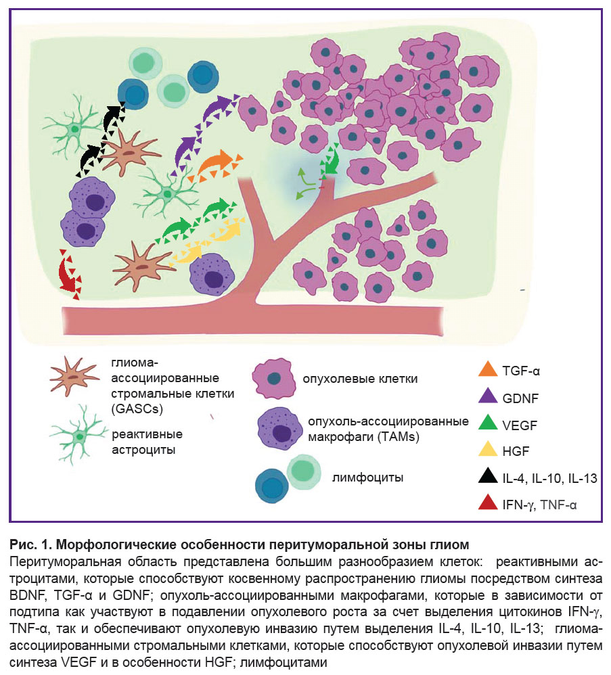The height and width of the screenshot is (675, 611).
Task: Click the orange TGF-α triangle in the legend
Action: coord(488,370)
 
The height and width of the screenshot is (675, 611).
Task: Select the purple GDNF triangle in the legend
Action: coord(488,396)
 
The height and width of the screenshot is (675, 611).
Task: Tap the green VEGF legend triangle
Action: coord(488,423)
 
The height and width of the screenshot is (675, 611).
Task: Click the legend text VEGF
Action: coord(520,425)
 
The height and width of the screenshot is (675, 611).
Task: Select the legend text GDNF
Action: coord(520,398)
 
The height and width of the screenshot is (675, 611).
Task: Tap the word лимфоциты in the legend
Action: coord(367,478)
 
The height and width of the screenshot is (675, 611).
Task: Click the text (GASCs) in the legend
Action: coord(137,409)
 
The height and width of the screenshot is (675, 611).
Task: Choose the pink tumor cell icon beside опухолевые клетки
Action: coord(274,378)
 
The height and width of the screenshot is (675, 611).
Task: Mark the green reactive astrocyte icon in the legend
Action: coord(78,436)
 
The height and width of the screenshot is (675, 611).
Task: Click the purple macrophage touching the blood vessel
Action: coord(212,275)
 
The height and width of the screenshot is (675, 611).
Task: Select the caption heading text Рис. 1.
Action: coord(30,544)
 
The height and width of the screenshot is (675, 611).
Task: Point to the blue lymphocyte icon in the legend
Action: coord(271,486)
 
